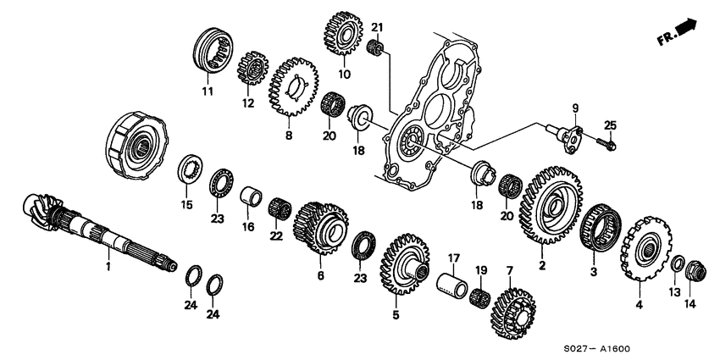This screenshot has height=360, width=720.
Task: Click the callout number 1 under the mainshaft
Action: point(108,266)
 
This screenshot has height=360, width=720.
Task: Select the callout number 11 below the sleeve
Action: point(206,91)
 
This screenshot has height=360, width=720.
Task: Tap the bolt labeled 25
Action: point(607,143)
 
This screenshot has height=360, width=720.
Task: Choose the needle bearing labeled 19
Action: point(481,296)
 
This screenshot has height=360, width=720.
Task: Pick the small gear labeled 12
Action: point(249,63)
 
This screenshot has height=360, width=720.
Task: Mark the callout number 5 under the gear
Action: point(395,313)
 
